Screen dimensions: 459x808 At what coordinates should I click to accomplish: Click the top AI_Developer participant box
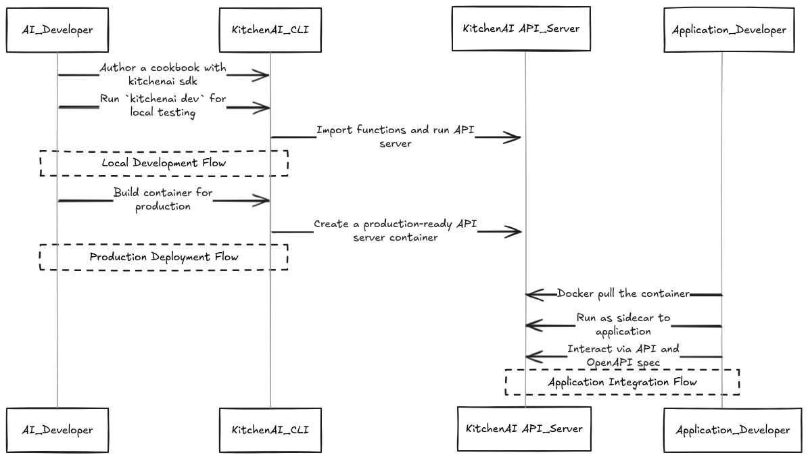(x=57, y=30)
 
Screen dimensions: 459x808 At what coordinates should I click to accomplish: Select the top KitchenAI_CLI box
(x=270, y=30)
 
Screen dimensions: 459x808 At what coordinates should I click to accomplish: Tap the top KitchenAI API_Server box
(x=521, y=29)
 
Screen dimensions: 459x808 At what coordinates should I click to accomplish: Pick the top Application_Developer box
(x=729, y=30)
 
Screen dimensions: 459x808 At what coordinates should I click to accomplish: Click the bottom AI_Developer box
(x=57, y=430)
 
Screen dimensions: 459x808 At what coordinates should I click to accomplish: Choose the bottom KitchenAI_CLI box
(x=270, y=430)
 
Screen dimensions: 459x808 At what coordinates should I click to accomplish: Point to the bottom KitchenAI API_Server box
(x=524, y=429)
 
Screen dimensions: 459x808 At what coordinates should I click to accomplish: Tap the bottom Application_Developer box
(x=732, y=430)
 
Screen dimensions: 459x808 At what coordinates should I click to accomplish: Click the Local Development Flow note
(x=164, y=164)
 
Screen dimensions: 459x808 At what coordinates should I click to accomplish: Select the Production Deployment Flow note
(x=164, y=258)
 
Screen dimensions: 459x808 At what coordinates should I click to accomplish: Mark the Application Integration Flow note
(x=622, y=383)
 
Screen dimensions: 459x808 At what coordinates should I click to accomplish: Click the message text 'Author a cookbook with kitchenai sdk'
(x=163, y=75)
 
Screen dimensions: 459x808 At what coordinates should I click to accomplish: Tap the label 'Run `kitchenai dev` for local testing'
(x=163, y=106)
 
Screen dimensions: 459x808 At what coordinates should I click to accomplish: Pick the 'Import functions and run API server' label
(x=396, y=137)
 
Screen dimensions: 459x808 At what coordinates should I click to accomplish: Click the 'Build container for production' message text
(x=163, y=199)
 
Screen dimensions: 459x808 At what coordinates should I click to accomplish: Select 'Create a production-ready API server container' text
(x=396, y=231)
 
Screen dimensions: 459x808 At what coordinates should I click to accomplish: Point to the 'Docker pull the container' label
(x=623, y=294)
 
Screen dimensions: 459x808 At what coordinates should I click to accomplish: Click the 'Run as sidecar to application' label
(x=623, y=324)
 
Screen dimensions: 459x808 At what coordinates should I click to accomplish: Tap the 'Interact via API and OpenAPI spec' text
(x=623, y=356)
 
